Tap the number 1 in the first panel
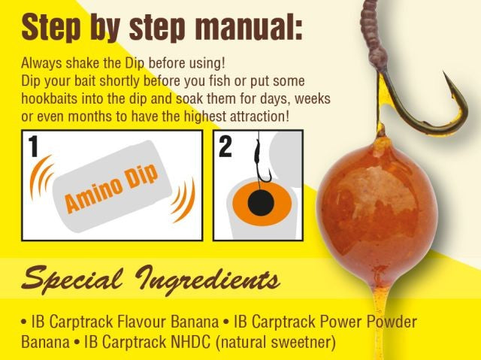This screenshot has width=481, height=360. (x=34, y=147)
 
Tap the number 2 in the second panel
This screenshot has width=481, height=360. (x=225, y=147)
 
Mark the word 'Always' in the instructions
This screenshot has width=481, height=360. (x=38, y=64)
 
